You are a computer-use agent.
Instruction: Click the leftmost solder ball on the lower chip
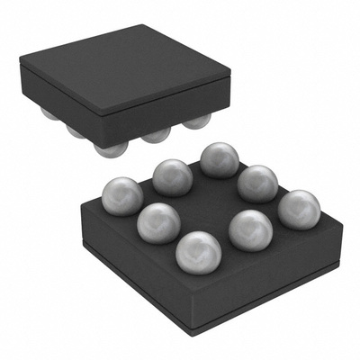[121, 195]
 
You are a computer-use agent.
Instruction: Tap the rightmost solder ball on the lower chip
[299, 210]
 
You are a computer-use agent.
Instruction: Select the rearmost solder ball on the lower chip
[219, 159]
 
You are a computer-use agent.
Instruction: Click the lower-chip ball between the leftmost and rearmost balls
[171, 176]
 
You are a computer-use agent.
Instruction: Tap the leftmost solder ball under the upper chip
[49, 113]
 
